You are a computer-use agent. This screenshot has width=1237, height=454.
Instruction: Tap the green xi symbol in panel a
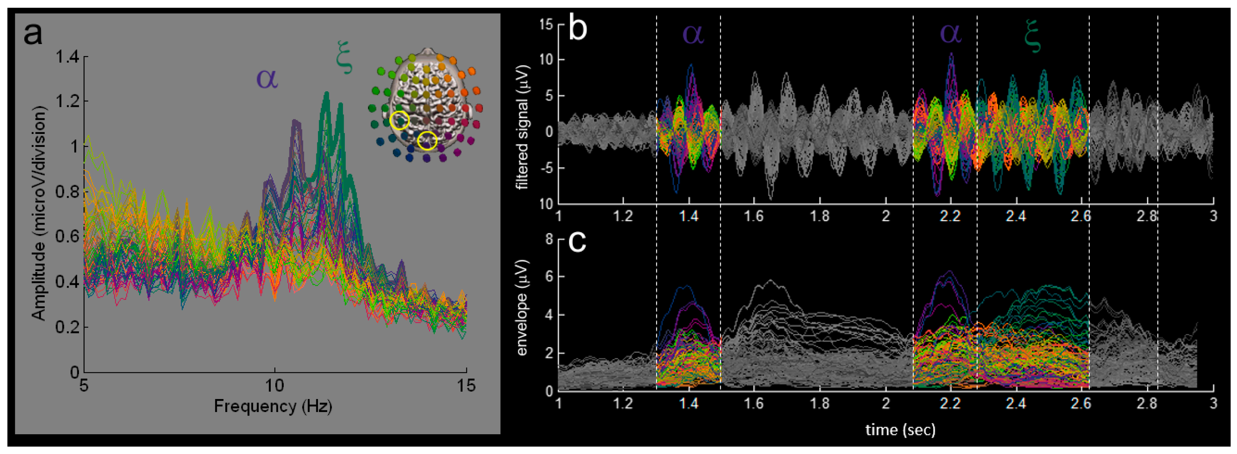click(x=344, y=61)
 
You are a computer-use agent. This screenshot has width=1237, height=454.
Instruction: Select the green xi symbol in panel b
click(x=1032, y=36)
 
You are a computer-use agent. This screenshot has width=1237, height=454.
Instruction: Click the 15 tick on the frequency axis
click(x=466, y=385)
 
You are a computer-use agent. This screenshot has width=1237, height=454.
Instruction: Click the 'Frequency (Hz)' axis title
click(x=273, y=406)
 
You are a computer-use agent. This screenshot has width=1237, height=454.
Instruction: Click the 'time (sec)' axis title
click(x=900, y=430)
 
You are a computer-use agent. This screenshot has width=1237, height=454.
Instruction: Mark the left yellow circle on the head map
click(x=399, y=121)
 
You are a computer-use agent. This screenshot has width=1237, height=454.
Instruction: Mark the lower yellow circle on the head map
click(x=427, y=141)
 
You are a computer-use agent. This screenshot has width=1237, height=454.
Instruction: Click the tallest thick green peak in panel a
click(x=326, y=93)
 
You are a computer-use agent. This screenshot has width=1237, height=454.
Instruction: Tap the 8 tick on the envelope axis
click(x=549, y=239)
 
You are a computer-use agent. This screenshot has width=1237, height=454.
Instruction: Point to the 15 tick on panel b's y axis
click(x=545, y=24)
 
